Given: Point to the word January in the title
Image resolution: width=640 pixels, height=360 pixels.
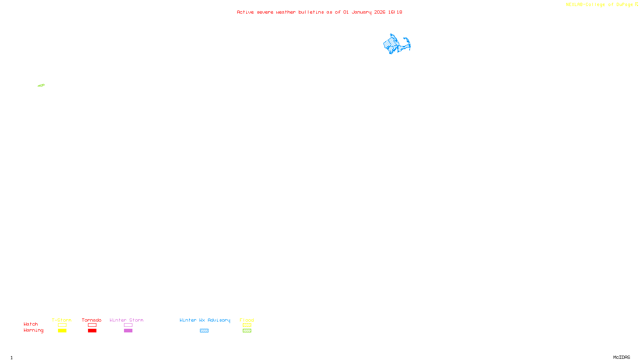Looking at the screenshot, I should click(361, 12).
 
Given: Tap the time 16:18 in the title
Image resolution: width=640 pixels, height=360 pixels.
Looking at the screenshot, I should click(395, 12).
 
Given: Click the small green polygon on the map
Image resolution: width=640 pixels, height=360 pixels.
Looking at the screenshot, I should click(41, 85).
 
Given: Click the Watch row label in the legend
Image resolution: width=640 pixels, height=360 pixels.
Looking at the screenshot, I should click(31, 324).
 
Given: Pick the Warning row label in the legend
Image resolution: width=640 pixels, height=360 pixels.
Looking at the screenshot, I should click(33, 330).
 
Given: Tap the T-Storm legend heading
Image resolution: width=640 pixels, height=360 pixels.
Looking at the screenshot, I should click(62, 320).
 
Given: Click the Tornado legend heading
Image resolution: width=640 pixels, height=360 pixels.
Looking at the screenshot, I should click(92, 320).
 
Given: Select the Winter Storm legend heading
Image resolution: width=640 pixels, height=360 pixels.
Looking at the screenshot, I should click(126, 320).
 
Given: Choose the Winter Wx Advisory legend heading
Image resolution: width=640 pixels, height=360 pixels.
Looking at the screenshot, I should click(205, 320).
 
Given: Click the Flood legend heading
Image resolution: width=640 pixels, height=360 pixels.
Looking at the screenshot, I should click(247, 320).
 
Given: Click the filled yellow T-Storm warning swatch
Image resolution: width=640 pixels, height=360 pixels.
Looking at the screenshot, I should click(62, 331).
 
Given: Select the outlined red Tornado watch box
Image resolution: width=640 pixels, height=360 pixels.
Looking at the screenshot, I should click(92, 325).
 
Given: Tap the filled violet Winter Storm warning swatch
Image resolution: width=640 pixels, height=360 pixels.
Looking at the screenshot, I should click(128, 331).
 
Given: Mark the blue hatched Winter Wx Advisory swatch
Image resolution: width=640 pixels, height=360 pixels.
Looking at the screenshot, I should click(204, 331).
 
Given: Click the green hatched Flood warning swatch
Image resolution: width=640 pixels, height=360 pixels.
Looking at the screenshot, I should click(247, 331).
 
